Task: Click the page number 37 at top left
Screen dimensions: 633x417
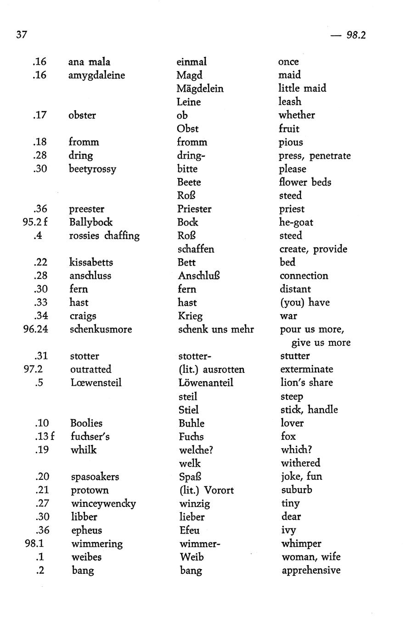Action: click(x=22, y=35)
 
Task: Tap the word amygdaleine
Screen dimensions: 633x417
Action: click(x=96, y=75)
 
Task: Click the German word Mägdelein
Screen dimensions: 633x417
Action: click(x=200, y=89)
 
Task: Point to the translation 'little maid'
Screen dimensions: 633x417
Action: click(x=302, y=88)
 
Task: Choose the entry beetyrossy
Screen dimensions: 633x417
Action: click(x=92, y=169)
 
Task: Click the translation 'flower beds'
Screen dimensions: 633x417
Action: click(x=305, y=182)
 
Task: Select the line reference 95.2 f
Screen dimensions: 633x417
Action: click(x=35, y=222)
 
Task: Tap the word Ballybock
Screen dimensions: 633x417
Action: click(x=91, y=222)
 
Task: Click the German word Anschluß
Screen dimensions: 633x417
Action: click(x=199, y=276)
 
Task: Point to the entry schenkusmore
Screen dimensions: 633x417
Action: click(x=101, y=329)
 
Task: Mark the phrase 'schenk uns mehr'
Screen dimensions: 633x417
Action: click(x=216, y=329)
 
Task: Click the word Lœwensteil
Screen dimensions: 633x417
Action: click(x=96, y=383)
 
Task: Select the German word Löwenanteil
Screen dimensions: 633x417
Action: click(x=206, y=383)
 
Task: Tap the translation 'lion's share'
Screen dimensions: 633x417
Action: click(x=306, y=383)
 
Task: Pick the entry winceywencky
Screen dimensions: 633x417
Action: click(x=103, y=504)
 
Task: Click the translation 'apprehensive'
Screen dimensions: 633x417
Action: click(x=311, y=570)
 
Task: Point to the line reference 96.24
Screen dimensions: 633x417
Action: click(x=36, y=329)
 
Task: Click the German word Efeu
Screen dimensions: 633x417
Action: click(x=189, y=530)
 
